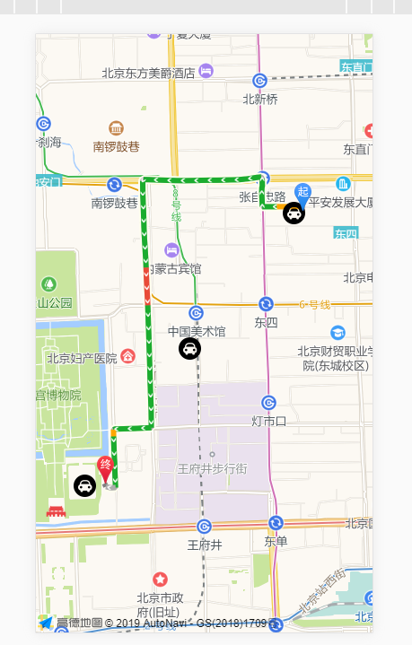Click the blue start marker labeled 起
point(302,192)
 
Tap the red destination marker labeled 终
point(105,466)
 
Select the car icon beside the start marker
point(294,214)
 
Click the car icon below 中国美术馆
point(189,349)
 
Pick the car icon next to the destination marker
point(84,486)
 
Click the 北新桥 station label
point(260,100)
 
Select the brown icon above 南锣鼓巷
point(116,128)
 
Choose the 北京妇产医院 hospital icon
point(127,357)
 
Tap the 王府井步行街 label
point(212,468)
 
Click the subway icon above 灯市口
point(268,402)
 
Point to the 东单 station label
point(276,542)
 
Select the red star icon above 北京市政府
point(160,580)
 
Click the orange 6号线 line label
point(315,304)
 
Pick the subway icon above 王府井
point(204,526)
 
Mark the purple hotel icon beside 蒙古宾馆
point(171,249)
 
